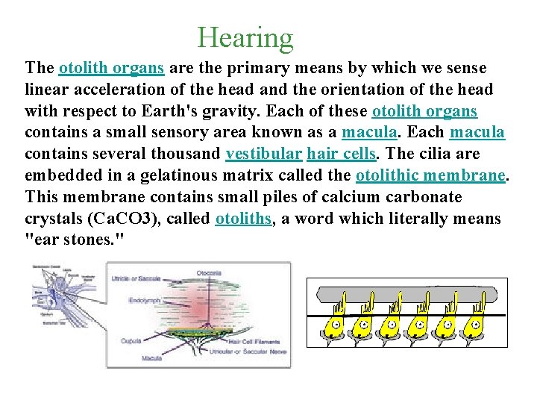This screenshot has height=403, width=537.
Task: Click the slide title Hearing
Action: click(245, 37)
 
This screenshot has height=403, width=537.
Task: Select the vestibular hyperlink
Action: click(263, 154)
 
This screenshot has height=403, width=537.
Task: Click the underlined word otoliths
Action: click(242, 219)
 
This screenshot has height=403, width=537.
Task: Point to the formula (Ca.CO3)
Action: click(111, 219)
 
